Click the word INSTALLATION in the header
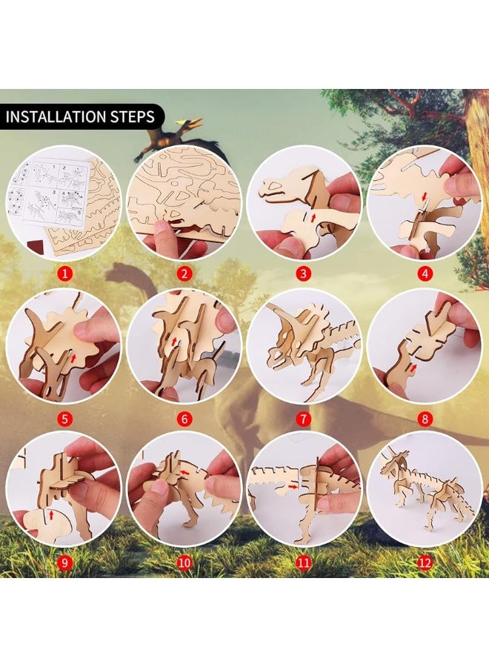tap(56, 116)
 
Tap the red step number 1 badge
tap(64, 273)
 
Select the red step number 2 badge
tap(184, 273)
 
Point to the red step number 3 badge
tap(304, 273)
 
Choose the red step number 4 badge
tap(424, 273)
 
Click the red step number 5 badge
tap(64, 418)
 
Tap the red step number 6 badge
tap(184, 418)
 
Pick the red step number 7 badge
tap(304, 418)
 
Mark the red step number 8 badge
tap(424, 418)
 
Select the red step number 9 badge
tap(64, 563)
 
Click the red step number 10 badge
tap(184, 563)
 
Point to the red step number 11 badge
tap(304, 563)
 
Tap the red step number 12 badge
tap(424, 563)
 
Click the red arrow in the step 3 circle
tap(312, 215)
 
